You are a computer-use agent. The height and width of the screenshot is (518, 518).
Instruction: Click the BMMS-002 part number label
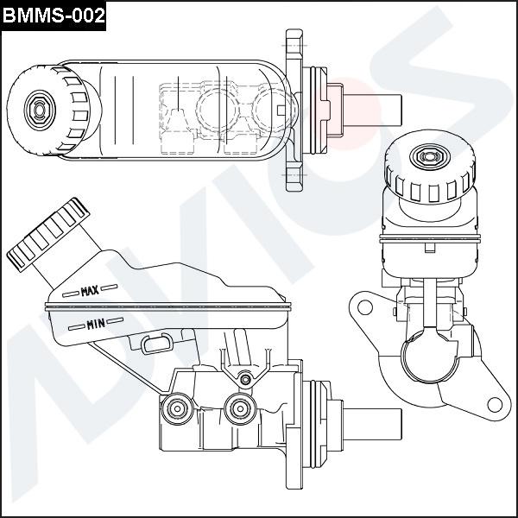tap(54, 15)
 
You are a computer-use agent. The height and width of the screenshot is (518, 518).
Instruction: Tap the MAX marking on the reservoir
tap(90, 292)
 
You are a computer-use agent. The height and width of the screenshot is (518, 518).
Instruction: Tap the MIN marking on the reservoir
tap(96, 325)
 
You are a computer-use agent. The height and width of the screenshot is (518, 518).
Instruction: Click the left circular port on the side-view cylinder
tap(179, 407)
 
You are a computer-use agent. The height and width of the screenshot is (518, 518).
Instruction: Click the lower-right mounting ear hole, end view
tap(494, 403)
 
